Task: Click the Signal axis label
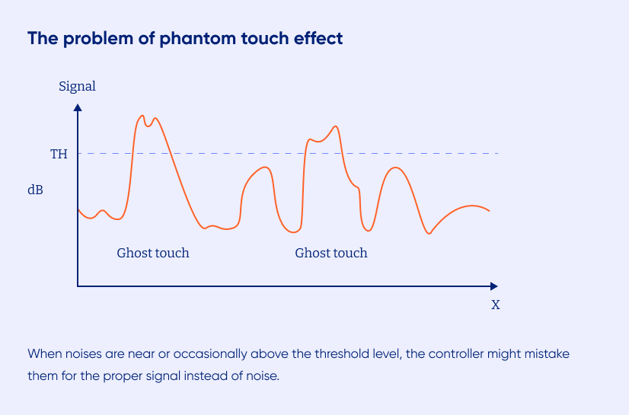[x=77, y=87]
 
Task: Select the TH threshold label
[x=59, y=154]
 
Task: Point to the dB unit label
[x=35, y=190]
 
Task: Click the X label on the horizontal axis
[x=496, y=305]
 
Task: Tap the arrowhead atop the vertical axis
[x=78, y=107]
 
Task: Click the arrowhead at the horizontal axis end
[x=493, y=286]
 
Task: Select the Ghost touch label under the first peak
[x=153, y=253]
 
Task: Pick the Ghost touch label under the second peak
[x=331, y=253]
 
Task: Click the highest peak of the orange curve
[x=142, y=116]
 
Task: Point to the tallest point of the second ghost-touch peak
[x=336, y=126]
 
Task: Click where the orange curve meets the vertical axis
[x=78, y=209]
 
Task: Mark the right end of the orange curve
[x=489, y=210]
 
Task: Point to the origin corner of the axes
[x=78, y=286]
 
